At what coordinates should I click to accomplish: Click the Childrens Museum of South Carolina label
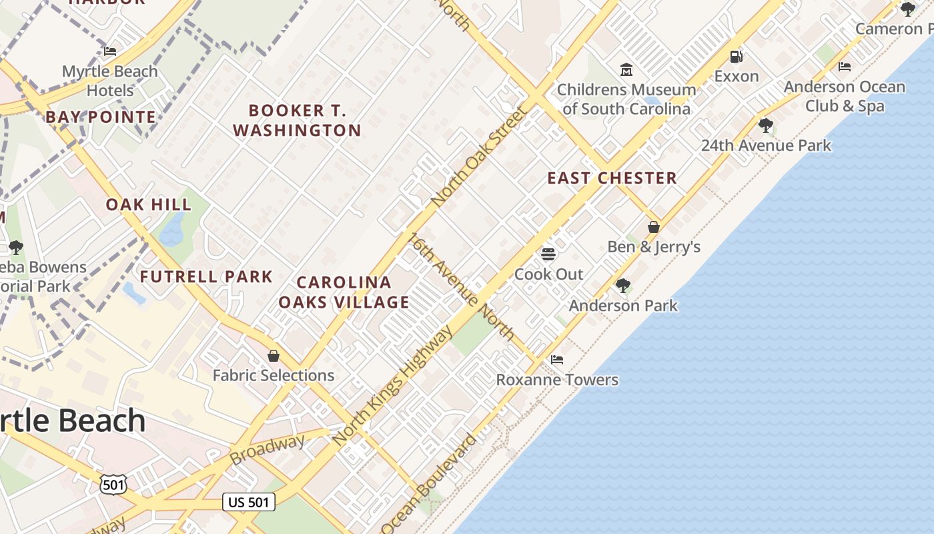626,99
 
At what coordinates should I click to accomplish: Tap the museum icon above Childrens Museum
626,69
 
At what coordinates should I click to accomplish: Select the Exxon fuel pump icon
737,57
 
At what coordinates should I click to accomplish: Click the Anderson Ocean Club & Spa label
844,96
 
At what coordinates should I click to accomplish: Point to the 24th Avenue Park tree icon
766,125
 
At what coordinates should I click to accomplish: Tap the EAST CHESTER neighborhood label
612,178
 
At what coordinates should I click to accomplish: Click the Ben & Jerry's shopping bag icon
654,227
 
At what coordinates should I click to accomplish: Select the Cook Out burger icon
548,254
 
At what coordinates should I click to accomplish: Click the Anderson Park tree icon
623,286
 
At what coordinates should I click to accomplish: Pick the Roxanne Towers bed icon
557,360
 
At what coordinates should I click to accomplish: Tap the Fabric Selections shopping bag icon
273,356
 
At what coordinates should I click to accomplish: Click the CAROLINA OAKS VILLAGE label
344,292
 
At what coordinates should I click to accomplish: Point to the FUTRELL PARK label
206,276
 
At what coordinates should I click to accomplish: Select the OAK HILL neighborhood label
148,204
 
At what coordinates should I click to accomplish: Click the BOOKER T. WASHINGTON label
297,120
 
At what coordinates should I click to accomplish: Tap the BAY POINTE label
101,117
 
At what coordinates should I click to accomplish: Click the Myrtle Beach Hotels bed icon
110,51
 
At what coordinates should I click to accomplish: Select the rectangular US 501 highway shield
248,502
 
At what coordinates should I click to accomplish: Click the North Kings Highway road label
393,386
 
